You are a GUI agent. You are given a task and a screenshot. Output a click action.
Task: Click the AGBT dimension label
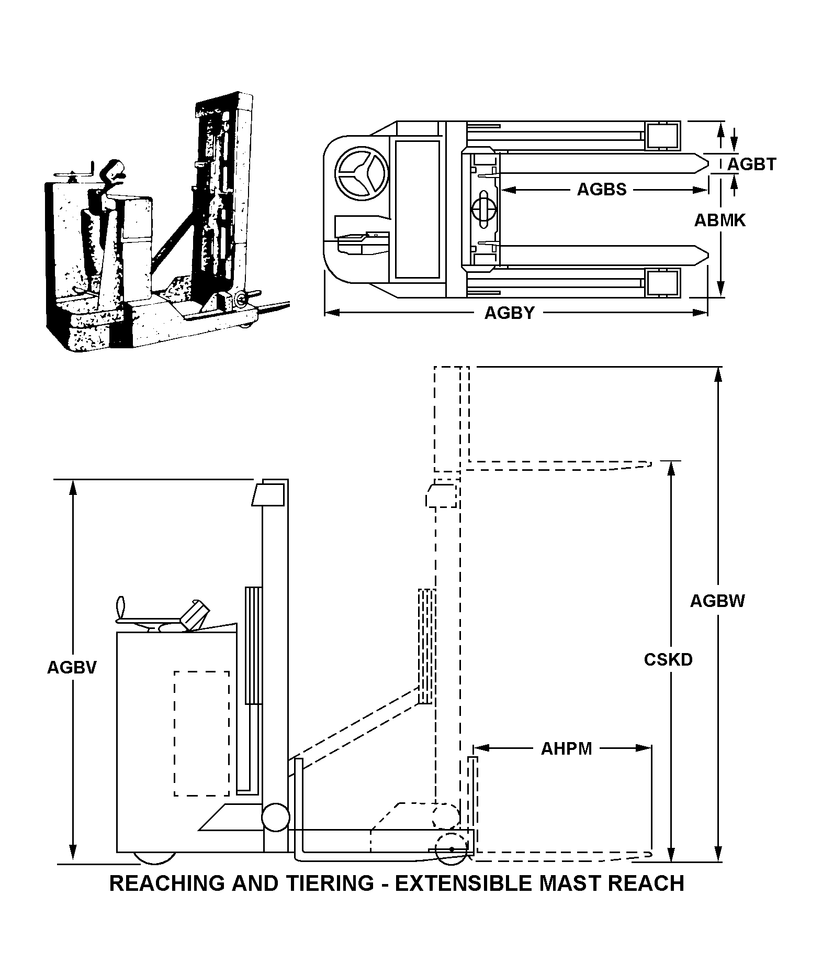(752, 164)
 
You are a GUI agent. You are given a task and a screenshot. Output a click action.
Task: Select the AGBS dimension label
(601, 190)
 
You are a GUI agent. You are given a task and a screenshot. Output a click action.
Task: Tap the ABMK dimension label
(720, 220)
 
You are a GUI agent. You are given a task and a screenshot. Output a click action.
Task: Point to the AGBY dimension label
(509, 313)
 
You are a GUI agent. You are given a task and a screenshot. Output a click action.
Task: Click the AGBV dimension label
(72, 667)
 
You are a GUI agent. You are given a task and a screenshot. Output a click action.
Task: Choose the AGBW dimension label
(717, 601)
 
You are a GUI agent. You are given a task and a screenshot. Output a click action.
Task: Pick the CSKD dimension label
(668, 660)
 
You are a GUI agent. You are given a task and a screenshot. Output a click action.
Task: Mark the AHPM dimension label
(566, 749)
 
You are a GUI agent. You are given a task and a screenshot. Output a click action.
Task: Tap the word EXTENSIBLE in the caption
(463, 883)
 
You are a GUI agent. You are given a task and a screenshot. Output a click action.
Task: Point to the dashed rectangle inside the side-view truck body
(201, 733)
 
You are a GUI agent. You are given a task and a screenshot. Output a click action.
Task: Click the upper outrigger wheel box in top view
(663, 135)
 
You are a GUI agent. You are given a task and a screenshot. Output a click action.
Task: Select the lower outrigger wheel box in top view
(663, 283)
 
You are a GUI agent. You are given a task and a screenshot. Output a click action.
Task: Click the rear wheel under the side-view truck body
(154, 857)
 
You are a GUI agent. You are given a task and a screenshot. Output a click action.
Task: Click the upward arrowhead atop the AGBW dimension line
(720, 373)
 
